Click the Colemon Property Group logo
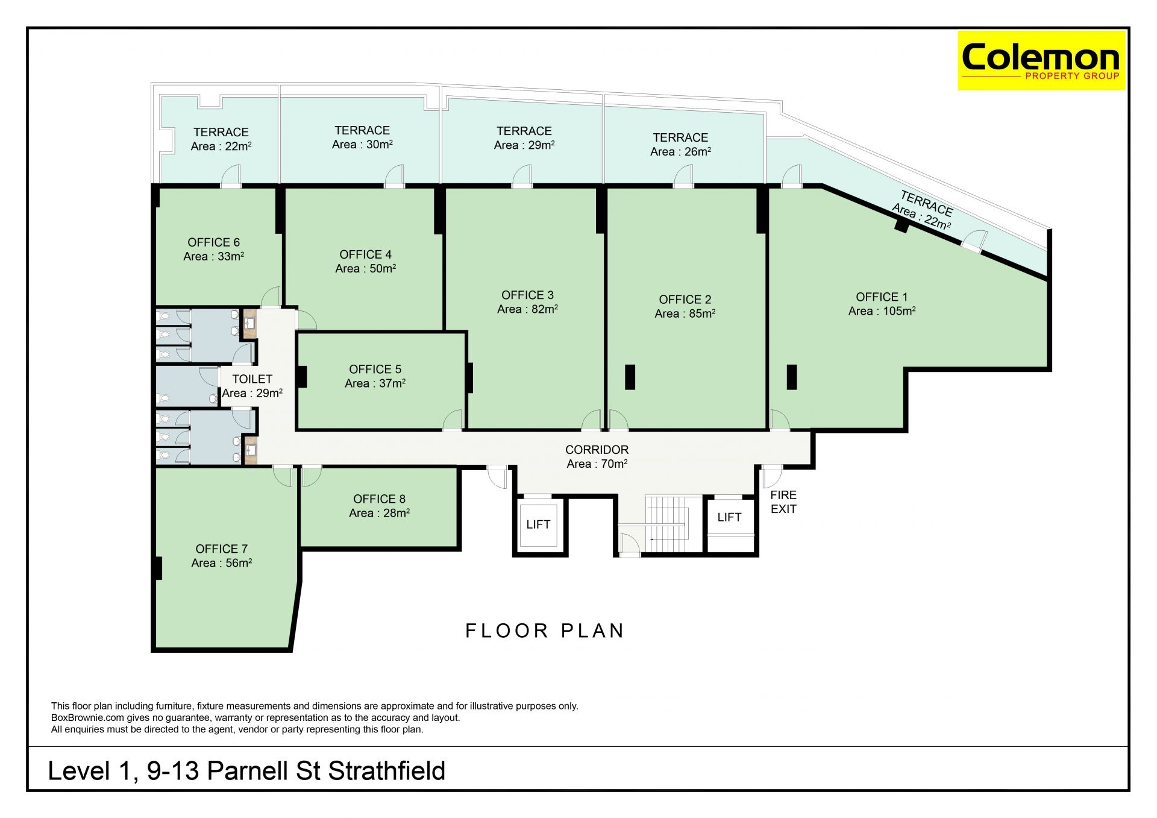(x=1041, y=60)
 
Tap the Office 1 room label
(x=882, y=297)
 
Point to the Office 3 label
(x=527, y=295)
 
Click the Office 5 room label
(x=375, y=369)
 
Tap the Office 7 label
(x=221, y=549)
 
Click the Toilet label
(x=252, y=379)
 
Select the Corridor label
(x=597, y=450)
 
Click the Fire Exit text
(x=783, y=502)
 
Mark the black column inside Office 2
(x=630, y=377)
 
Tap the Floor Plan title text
(x=545, y=631)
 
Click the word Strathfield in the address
(x=387, y=771)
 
